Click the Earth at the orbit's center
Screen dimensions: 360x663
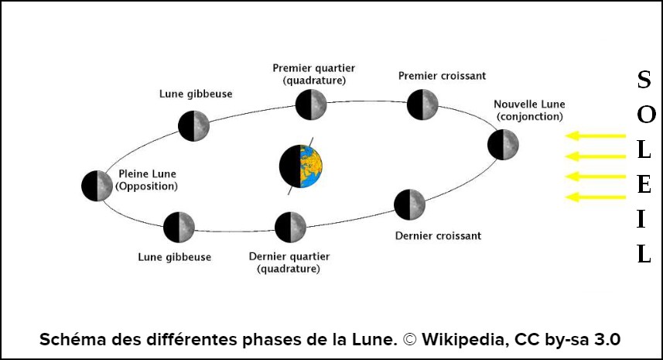302,166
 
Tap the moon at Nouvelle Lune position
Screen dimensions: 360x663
503,145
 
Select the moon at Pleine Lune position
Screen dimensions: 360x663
97,186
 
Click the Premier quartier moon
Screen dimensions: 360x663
312,104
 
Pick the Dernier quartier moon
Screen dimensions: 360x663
291,227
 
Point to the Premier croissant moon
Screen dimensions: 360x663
423,105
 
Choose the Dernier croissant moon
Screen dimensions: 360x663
409,204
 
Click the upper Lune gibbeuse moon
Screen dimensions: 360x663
193,125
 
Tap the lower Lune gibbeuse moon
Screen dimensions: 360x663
179,228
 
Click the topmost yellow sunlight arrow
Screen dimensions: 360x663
595,136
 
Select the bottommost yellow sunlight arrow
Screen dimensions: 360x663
595,197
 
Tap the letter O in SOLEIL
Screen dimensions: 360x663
646,114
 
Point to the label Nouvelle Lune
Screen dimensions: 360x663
529,104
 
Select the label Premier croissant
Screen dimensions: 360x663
442,76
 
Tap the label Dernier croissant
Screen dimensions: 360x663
438,235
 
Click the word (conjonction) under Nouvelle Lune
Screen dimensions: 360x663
530,116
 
